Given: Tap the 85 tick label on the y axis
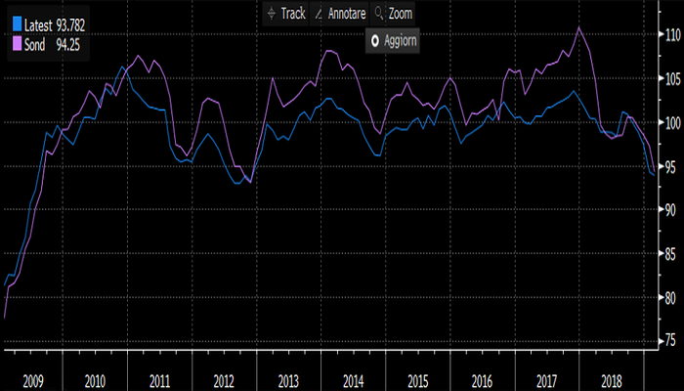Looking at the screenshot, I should [x=668, y=253].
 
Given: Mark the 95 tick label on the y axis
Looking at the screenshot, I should [x=668, y=166].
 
